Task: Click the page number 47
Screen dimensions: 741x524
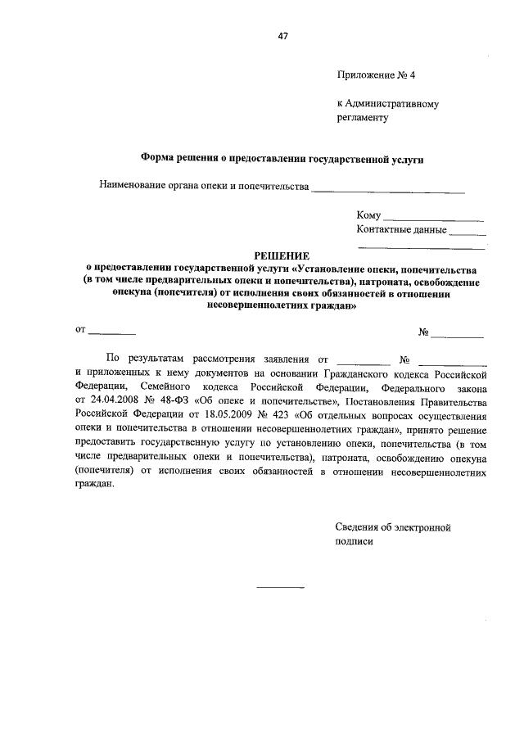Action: [283, 35]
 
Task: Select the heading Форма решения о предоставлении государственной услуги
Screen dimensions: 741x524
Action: [282, 159]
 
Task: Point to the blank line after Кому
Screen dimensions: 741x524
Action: [433, 217]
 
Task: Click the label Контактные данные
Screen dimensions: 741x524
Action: [401, 230]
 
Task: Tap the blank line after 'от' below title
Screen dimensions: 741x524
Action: [112, 332]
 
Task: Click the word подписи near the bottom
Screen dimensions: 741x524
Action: [354, 541]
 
